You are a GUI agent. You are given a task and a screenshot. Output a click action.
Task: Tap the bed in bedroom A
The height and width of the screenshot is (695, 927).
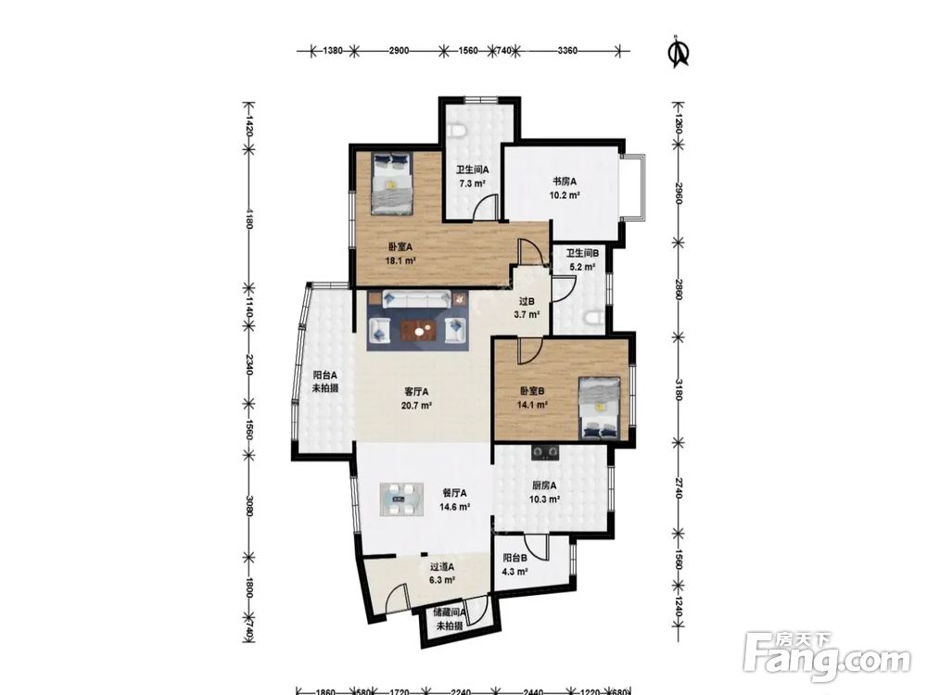click(x=391, y=183)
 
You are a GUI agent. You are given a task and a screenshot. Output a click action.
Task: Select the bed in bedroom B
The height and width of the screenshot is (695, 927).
click(x=600, y=409)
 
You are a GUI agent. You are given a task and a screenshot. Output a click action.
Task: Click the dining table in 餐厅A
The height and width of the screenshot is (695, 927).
click(x=401, y=500)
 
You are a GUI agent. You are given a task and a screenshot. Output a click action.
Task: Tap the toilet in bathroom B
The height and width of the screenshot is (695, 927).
click(x=594, y=319)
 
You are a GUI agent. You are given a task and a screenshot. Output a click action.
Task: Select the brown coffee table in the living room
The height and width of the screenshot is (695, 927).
click(x=420, y=331)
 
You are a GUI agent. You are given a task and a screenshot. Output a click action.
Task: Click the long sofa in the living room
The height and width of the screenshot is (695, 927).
click(x=416, y=298)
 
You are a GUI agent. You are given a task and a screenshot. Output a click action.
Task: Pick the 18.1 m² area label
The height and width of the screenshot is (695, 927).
click(x=400, y=260)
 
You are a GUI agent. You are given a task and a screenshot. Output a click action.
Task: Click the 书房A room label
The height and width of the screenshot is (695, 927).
click(x=564, y=182)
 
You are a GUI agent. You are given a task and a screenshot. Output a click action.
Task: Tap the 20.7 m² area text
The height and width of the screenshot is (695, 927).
click(x=416, y=406)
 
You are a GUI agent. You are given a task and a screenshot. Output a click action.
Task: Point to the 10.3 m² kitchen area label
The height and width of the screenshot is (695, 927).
click(x=544, y=499)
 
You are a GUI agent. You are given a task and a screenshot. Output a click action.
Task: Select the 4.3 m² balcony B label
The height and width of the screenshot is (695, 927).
click(x=514, y=572)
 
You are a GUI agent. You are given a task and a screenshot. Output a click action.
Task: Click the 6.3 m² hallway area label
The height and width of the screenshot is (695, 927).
click(x=441, y=580)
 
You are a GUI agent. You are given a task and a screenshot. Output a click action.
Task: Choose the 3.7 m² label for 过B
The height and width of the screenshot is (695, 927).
click(x=527, y=314)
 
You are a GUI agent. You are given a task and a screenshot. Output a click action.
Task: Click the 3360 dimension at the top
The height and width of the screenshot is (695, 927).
click(x=567, y=51)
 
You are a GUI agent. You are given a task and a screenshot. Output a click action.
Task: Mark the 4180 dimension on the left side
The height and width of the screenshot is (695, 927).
click(x=248, y=218)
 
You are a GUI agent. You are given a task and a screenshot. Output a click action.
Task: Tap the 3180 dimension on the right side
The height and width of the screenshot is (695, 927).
click(x=679, y=390)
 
